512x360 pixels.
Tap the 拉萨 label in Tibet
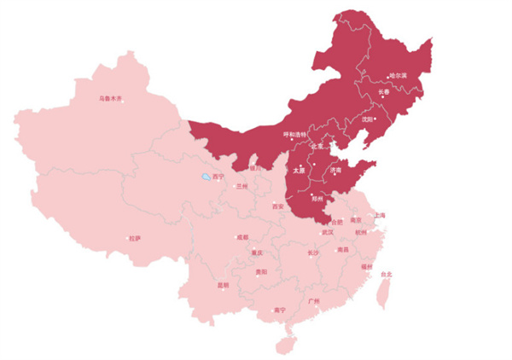click(x=135, y=238)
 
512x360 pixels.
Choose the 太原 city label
click(x=299, y=171)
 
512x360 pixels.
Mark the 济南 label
click(x=334, y=171)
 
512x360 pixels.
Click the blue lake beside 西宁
click(x=206, y=178)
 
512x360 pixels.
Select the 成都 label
click(x=243, y=237)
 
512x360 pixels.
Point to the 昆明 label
click(x=223, y=285)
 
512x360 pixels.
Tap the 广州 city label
click(x=313, y=302)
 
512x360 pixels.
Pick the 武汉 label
click(x=328, y=231)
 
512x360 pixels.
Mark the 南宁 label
click(x=279, y=311)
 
